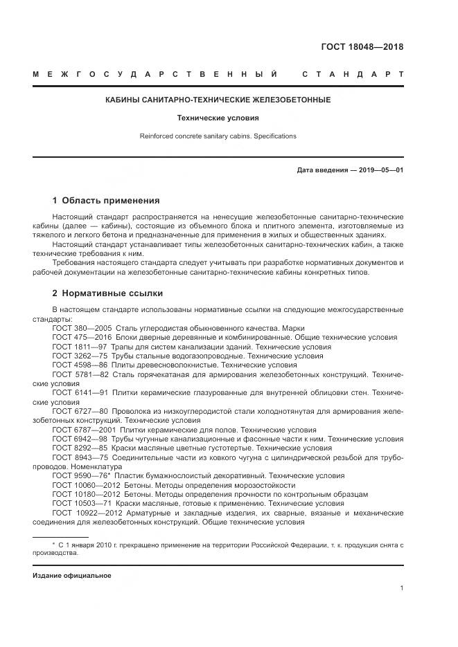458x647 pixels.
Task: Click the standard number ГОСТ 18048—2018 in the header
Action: click(x=362, y=48)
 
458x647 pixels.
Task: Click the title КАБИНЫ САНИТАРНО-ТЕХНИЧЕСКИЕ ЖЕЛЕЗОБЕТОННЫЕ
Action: click(x=218, y=100)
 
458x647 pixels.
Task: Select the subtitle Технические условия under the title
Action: click(x=218, y=118)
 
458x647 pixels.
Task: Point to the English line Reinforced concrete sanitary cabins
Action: click(x=218, y=136)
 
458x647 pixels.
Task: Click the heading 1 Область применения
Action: click(x=105, y=201)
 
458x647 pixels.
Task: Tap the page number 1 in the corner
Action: click(x=401, y=588)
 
